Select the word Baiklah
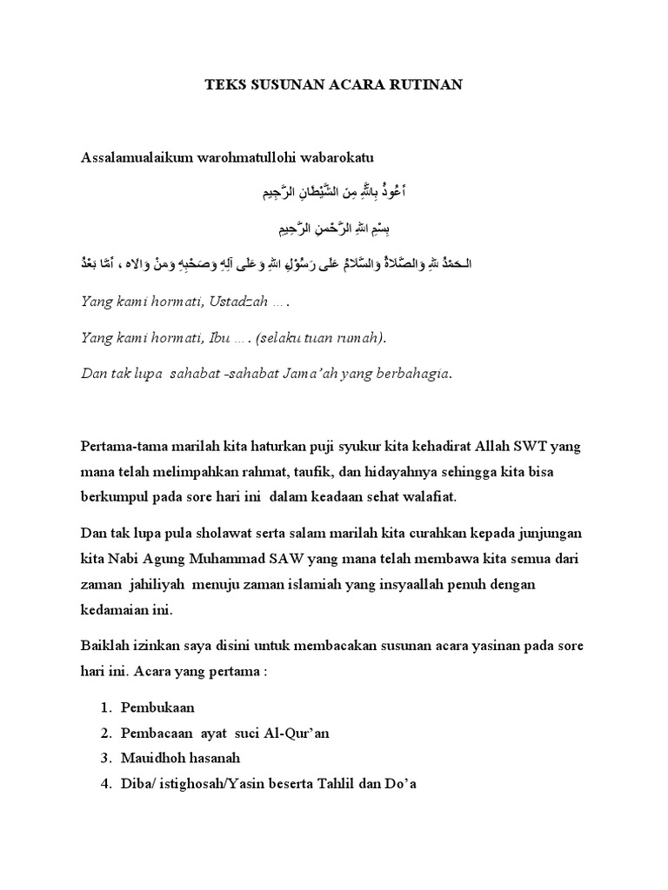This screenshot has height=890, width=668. (104, 648)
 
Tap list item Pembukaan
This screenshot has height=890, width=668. (157, 708)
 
